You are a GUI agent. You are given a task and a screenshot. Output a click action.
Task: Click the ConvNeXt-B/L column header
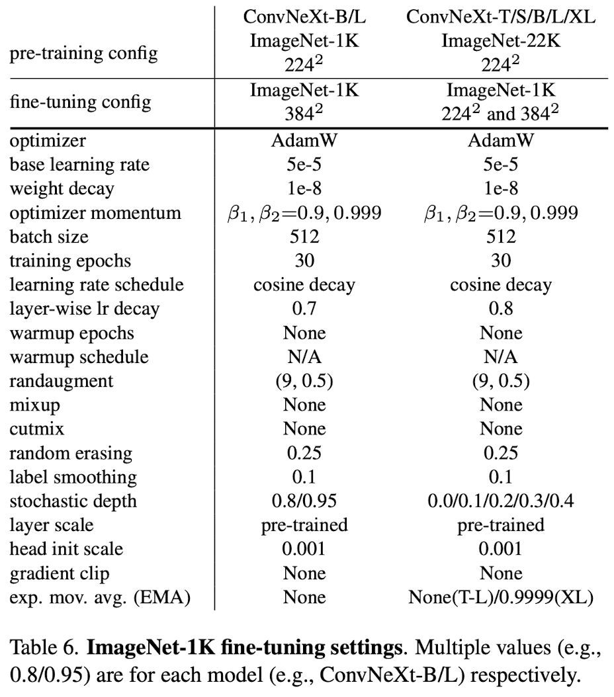pos(304,17)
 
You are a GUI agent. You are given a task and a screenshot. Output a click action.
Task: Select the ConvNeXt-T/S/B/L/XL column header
pos(501,17)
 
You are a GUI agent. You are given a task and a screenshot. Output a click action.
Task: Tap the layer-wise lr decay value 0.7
pos(304,309)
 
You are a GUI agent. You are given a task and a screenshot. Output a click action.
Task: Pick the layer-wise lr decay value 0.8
pos(501,309)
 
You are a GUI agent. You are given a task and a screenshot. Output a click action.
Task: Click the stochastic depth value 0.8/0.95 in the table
pos(304,501)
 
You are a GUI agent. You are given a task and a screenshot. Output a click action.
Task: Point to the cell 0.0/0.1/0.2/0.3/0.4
pos(501,501)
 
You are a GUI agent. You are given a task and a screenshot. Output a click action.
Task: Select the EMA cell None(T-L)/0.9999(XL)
pos(501,597)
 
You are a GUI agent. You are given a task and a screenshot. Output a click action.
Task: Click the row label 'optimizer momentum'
pos(95,213)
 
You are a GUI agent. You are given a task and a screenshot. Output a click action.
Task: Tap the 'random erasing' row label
pos(71,453)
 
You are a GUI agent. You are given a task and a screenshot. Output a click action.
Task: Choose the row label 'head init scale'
pos(66,549)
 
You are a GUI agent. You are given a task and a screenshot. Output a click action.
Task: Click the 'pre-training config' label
pos(83,52)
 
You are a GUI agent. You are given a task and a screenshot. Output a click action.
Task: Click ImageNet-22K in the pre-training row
pos(501,41)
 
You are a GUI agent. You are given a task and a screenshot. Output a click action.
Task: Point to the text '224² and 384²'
pos(501,114)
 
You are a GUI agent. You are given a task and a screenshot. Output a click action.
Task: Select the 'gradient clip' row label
pos(60,573)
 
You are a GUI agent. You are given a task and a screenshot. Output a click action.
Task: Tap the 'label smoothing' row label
pos(73,477)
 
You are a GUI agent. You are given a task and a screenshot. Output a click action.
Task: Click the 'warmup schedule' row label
pos(79,357)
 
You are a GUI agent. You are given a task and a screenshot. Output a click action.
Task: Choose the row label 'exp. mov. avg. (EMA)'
pos(100,597)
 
